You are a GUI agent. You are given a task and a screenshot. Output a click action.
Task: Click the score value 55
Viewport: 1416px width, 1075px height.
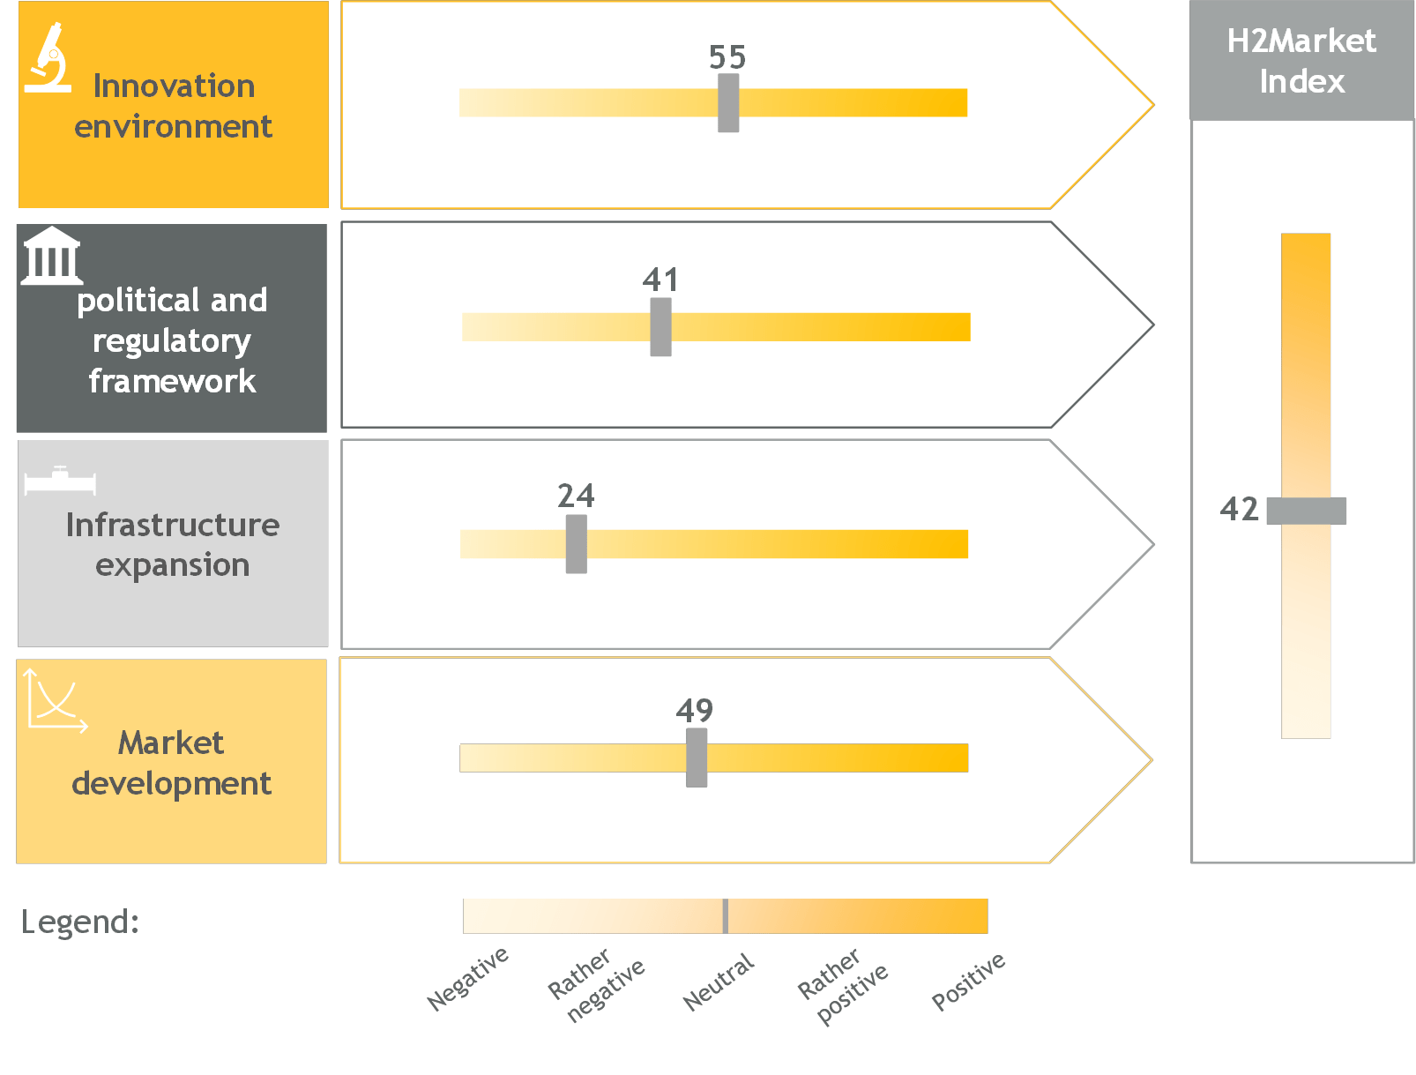point(727,56)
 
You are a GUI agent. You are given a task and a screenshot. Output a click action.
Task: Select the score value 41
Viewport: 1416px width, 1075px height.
point(660,280)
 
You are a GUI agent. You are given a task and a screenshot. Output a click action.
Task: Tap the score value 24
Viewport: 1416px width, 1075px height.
point(576,495)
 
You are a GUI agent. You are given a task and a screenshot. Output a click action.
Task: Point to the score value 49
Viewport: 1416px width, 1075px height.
point(694,710)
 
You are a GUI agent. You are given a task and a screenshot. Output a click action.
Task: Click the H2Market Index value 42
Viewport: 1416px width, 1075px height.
point(1238,509)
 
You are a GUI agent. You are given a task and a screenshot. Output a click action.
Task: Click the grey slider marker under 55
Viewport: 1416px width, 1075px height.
point(727,102)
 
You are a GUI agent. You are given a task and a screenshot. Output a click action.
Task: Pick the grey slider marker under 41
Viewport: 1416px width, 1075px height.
point(660,326)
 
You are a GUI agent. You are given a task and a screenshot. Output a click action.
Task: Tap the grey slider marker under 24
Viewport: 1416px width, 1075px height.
point(576,543)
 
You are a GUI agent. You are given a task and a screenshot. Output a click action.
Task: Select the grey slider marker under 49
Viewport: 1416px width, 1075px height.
point(696,758)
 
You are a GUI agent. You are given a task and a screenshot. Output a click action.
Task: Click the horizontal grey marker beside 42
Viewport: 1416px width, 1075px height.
point(1306,511)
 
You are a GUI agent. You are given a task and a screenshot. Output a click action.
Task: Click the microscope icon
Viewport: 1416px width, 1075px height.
point(48,57)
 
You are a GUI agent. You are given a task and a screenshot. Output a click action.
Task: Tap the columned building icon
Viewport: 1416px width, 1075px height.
point(52,256)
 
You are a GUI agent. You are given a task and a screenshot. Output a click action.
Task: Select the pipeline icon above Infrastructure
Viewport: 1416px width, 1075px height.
point(60,480)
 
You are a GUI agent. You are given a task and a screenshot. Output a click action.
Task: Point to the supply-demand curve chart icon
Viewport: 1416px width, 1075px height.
point(56,701)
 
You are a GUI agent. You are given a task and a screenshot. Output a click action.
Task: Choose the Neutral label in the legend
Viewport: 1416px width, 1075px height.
point(718,981)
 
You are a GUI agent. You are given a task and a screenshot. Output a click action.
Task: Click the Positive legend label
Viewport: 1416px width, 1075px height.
point(967,981)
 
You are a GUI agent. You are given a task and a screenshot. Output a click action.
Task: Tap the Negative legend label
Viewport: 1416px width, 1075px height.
point(467,978)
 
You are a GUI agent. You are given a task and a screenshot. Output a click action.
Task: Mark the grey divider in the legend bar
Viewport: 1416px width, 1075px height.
point(725,915)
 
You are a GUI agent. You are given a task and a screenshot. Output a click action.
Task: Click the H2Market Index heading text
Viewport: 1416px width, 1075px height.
point(1300,61)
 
